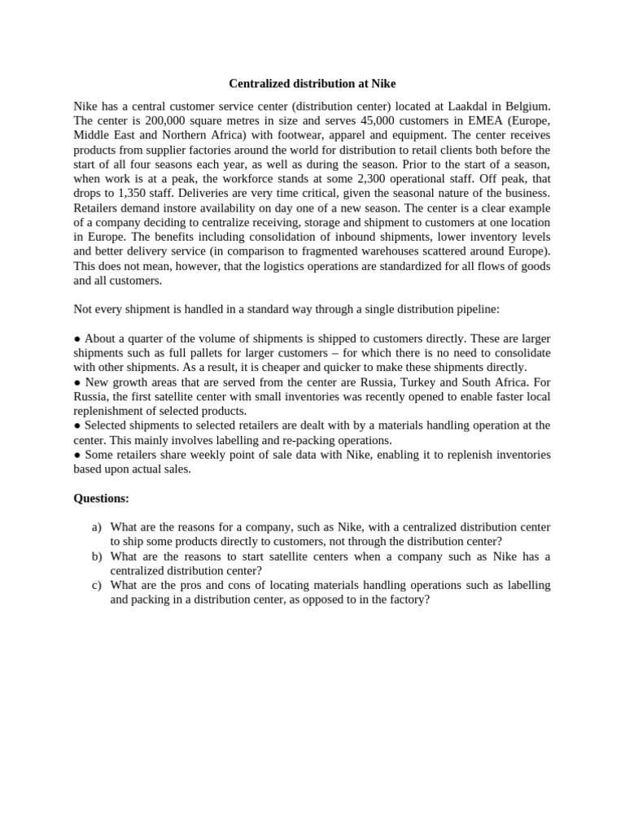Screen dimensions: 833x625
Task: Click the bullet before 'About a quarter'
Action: [77, 338]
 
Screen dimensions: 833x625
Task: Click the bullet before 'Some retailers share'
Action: [77, 455]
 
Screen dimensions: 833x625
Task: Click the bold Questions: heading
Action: [102, 498]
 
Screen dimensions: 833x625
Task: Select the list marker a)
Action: [96, 527]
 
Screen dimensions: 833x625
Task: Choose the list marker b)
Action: [97, 556]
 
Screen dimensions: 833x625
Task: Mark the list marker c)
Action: [96, 586]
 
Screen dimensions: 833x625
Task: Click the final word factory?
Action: [407, 600]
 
